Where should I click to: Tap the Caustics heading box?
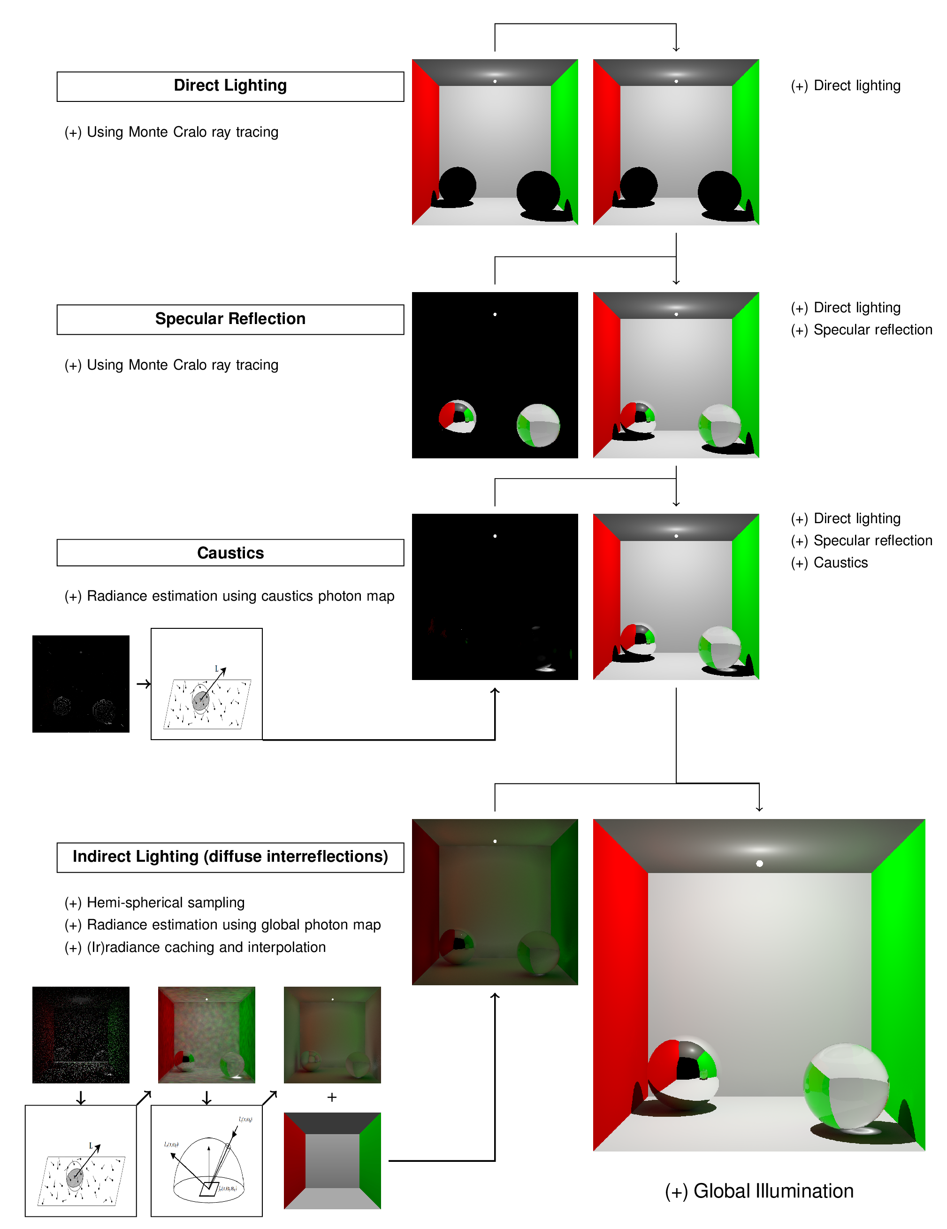tap(230, 553)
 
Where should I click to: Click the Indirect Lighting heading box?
tap(230, 857)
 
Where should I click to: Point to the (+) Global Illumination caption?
tap(759, 1191)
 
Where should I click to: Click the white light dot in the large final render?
tap(759, 863)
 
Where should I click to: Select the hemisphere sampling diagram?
tap(206, 1160)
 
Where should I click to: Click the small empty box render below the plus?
tap(332, 1160)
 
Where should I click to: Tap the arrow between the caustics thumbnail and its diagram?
tap(144, 684)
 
